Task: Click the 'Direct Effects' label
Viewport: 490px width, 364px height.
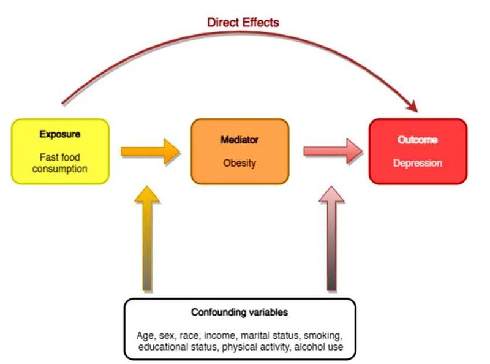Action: tap(243, 23)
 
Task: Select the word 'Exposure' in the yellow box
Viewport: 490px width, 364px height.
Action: tap(60, 134)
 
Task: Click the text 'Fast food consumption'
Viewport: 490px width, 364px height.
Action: tap(60, 163)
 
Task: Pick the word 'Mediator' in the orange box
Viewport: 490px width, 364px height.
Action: tap(239, 140)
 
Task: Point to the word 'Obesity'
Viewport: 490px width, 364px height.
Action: tap(239, 164)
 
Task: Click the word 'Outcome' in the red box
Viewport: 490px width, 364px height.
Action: tap(418, 140)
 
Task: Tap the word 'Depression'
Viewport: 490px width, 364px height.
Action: tap(418, 164)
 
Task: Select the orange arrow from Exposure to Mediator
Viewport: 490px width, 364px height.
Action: tap(151, 152)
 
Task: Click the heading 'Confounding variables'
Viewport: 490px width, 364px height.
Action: tap(239, 313)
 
